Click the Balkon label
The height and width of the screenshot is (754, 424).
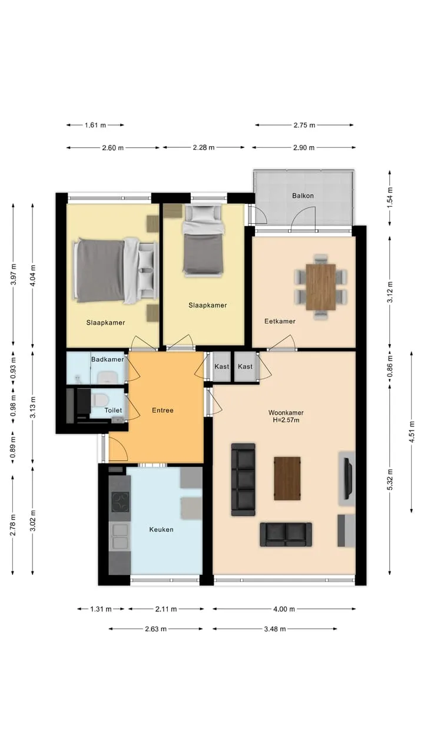click(303, 196)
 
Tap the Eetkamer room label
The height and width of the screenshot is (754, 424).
click(280, 321)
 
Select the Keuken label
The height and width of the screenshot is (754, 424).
click(161, 530)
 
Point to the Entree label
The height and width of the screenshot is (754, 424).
click(163, 410)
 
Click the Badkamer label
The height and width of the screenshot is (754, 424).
click(107, 359)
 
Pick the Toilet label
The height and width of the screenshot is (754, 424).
click(113, 410)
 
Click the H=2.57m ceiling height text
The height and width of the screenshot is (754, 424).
click(286, 420)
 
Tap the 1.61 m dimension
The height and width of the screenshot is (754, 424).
click(95, 125)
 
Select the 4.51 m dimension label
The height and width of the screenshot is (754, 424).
click(411, 432)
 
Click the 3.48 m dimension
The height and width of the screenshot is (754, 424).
click(275, 629)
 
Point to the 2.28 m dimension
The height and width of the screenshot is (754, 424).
click(204, 147)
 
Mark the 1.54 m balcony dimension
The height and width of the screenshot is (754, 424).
click(390, 197)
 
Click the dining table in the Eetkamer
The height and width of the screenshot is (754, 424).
click(321, 287)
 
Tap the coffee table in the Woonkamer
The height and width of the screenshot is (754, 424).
click(287, 478)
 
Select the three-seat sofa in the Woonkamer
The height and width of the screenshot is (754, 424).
click(243, 479)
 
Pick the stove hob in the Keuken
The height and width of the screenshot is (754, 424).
click(120, 502)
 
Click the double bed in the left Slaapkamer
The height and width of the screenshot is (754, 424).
click(115, 270)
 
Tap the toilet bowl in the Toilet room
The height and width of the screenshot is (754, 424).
click(100, 400)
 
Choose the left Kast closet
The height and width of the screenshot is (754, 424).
click(222, 366)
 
